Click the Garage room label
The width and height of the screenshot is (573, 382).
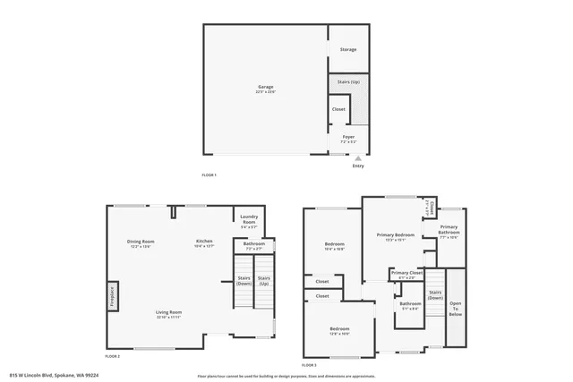coord(266,87)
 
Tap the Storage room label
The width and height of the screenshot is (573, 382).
coord(348,49)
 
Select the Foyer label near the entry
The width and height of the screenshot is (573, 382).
coord(348,137)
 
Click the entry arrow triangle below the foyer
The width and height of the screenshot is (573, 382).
coord(358,157)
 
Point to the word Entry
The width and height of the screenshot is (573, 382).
coord(358,166)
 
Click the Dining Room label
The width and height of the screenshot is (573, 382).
coord(141,242)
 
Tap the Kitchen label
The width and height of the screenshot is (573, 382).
coord(205,242)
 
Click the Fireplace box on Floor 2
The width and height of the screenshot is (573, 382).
coord(112,295)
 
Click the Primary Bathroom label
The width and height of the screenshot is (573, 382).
coord(449,229)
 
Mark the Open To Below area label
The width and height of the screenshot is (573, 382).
coord(456,309)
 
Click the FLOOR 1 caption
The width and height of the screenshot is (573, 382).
coord(210,174)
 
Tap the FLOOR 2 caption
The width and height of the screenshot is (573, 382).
coord(113,356)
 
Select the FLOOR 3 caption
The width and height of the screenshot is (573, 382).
coord(309,365)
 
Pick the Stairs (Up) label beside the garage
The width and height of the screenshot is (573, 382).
coord(348,81)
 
